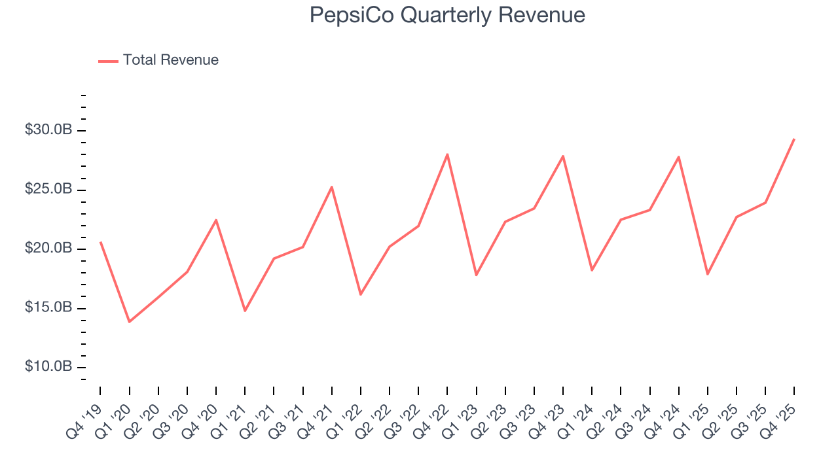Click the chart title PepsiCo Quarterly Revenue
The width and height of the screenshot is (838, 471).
click(x=447, y=15)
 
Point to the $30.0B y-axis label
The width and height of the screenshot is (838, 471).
click(x=48, y=130)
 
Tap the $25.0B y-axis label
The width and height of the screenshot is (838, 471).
click(x=48, y=190)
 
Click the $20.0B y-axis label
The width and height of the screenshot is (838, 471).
click(x=48, y=249)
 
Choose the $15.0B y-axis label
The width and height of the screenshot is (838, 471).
click(x=48, y=307)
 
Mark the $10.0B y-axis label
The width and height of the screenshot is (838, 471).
click(x=48, y=366)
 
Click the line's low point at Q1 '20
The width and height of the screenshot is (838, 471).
click(x=129, y=322)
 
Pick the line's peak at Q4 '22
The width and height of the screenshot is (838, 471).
click(x=447, y=154)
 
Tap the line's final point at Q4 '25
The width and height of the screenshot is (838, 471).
click(x=794, y=139)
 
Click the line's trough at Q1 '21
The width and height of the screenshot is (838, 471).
click(x=245, y=311)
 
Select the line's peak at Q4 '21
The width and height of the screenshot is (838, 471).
click(x=332, y=187)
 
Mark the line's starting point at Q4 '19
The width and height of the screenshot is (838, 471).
click(x=100, y=242)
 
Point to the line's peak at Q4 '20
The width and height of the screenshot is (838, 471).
click(x=216, y=220)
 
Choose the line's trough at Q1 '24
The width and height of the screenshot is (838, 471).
click(x=592, y=270)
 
